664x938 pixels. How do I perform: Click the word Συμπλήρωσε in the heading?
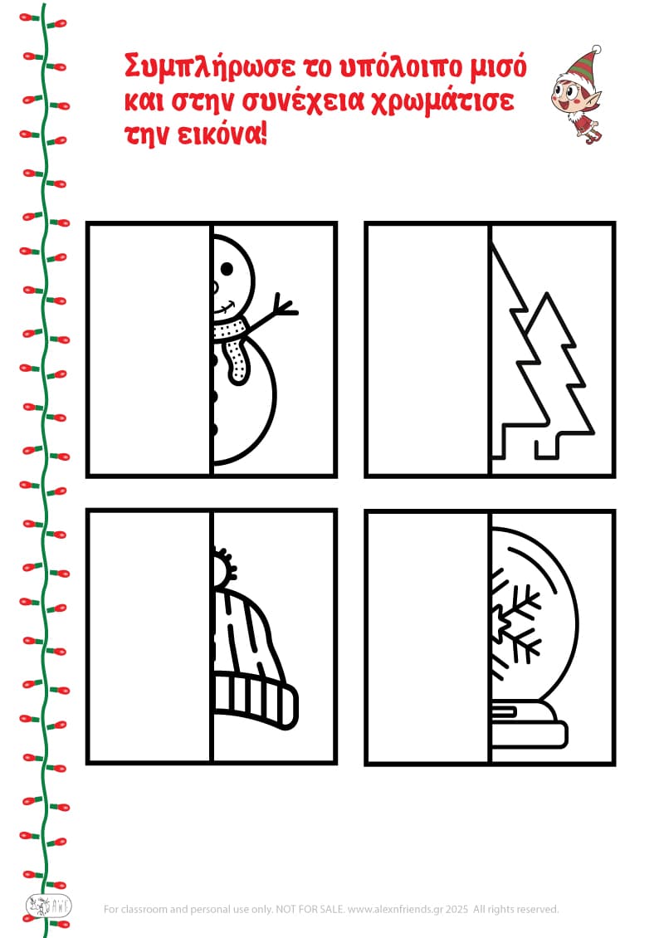pos(209,67)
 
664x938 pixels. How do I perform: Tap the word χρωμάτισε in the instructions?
pos(442,101)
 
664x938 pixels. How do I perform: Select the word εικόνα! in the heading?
pos(222,134)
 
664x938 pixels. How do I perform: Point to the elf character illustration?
pos(577,95)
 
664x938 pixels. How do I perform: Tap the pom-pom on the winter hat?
pos(224,565)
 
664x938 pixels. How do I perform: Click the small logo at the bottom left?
pos(48,907)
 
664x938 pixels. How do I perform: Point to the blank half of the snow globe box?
pos(427,638)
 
